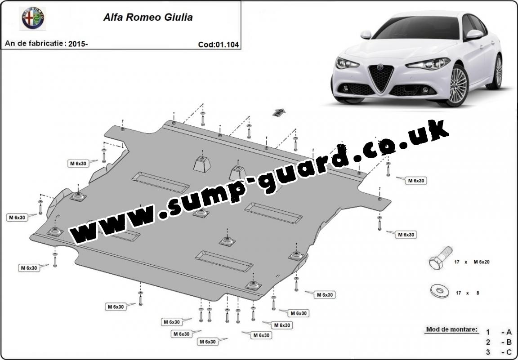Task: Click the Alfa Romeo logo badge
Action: click(x=33, y=18)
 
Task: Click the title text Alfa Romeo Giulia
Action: click(x=148, y=17)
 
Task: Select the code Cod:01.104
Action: click(x=219, y=44)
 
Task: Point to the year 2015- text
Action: click(x=78, y=44)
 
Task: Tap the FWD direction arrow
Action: click(x=279, y=112)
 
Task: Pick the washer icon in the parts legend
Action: click(x=440, y=291)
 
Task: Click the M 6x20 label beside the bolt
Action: click(x=481, y=262)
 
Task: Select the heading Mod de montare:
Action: click(x=451, y=329)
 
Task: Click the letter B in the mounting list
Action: click(x=509, y=342)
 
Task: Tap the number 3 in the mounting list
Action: click(x=488, y=352)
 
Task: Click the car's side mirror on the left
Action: click(x=366, y=34)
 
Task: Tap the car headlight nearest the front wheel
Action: click(x=429, y=63)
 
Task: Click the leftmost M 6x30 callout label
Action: click(x=17, y=218)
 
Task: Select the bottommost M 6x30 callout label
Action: click(x=207, y=342)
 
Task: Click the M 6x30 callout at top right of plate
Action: click(x=416, y=181)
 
